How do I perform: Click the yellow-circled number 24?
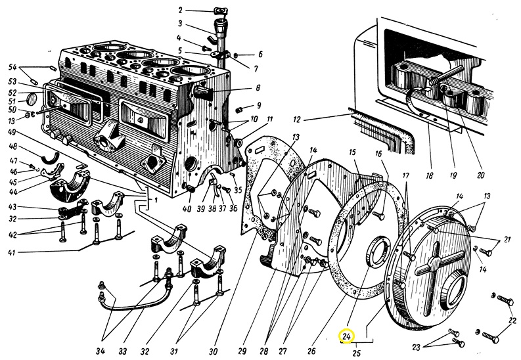pos(346,337)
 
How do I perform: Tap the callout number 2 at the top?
pos(181,11)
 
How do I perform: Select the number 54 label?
pos(12,68)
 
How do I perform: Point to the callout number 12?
pos(297,119)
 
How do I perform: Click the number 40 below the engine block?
pos(187,208)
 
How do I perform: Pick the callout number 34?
pos(101,351)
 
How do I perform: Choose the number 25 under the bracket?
pos(356,353)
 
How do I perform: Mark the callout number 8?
pos(258,87)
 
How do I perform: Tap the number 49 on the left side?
pos(12,132)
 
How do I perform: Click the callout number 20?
pos(480,175)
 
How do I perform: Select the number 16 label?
pos(378,154)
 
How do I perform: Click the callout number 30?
pos(214,351)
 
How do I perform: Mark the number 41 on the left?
pos(12,252)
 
